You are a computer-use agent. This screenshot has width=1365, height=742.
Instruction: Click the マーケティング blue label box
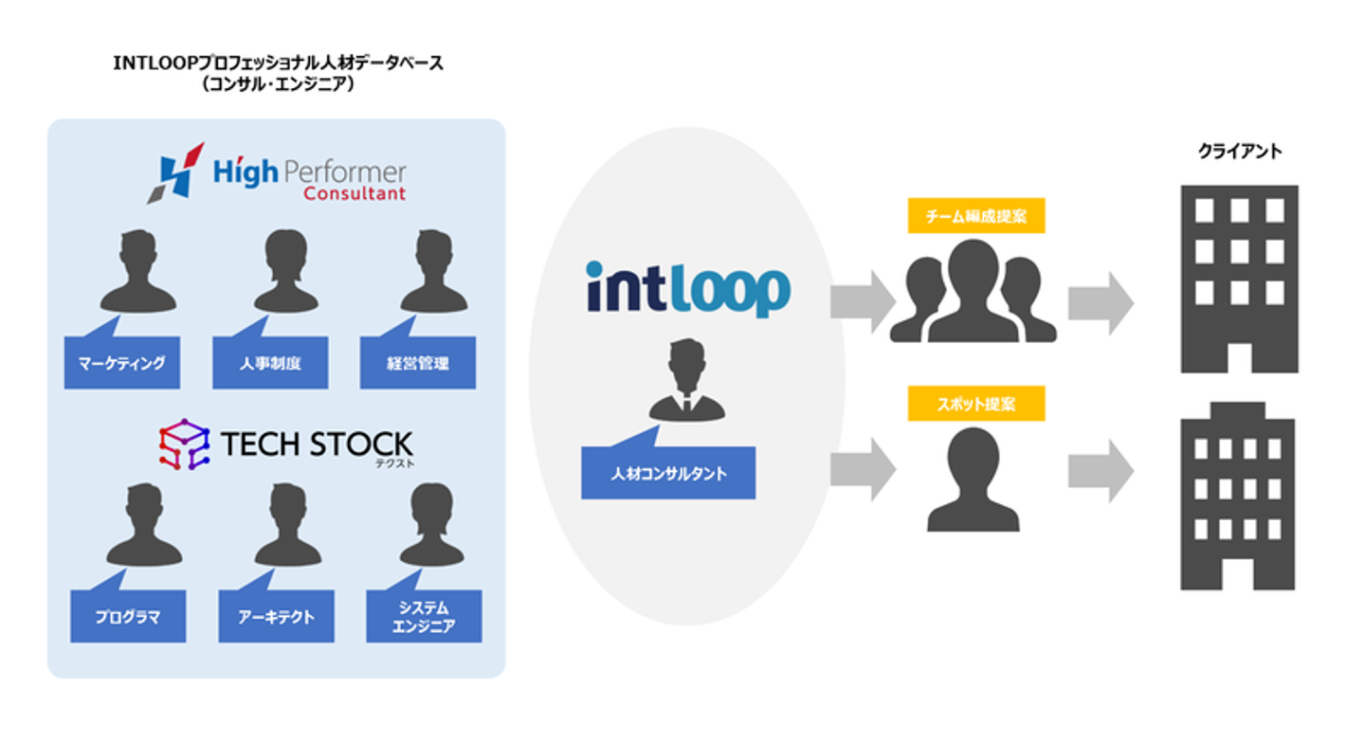122,363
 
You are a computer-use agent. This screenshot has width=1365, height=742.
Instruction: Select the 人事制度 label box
270,363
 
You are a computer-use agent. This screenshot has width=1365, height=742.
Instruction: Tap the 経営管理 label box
418,363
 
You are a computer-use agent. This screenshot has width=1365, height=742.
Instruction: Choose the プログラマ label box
128,617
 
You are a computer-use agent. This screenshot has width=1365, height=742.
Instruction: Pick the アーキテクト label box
276,617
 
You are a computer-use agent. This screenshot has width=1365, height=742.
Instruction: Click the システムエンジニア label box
424,617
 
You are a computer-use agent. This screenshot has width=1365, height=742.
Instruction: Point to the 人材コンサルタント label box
668,473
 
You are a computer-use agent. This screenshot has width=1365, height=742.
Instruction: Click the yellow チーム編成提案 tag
975,216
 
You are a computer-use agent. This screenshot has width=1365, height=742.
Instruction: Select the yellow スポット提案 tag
975,404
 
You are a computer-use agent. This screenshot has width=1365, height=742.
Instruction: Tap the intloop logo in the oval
687,288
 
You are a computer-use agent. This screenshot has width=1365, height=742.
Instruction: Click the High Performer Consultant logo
277,175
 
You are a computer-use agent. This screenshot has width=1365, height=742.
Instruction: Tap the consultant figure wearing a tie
686,381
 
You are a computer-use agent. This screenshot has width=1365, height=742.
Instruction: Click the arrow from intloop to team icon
863,302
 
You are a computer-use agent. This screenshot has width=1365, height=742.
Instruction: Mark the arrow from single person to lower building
1101,470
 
